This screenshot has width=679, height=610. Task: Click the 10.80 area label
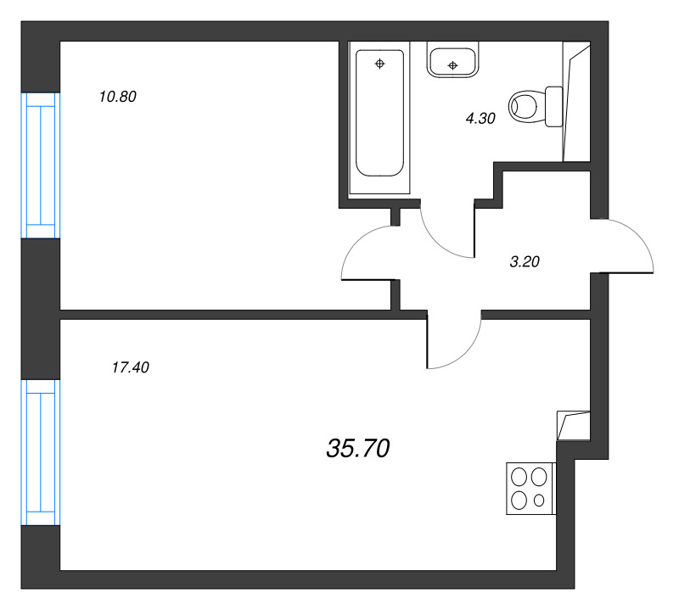117,97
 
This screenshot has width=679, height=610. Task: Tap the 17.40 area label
130,368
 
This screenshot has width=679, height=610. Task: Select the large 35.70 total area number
357,448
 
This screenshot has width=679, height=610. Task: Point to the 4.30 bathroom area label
480,120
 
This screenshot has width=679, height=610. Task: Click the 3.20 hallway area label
525,262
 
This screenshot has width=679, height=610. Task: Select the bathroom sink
453,62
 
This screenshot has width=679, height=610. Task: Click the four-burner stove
529,488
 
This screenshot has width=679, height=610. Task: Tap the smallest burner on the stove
539,501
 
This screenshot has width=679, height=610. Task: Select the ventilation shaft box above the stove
571,425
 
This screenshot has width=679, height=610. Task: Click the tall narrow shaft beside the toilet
575,106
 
